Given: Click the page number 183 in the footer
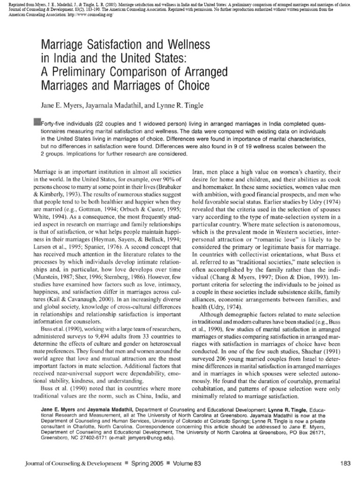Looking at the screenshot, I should tap(345, 464).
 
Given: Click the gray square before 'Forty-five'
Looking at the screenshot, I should tap(37, 121).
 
